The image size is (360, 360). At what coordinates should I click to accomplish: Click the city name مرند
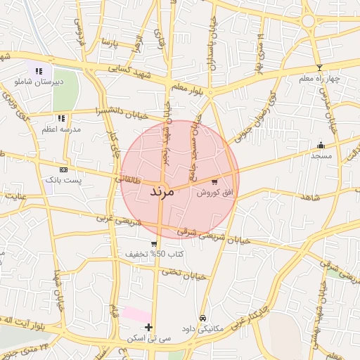pyautogui.click(x=167, y=191)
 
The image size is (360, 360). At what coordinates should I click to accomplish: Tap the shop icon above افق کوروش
pyautogui.click(x=214, y=181)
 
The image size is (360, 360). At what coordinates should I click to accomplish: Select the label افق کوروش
pyautogui.click(x=213, y=192)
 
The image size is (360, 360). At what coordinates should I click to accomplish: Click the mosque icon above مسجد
pyautogui.click(x=321, y=145)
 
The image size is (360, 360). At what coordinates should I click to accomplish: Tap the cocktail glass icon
pyautogui.click(x=320, y=67)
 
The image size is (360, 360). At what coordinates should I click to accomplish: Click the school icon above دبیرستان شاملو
pyautogui.click(x=39, y=71)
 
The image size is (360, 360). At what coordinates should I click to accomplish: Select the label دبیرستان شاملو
pyautogui.click(x=39, y=82)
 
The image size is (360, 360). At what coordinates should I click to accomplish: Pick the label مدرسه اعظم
pyautogui.click(x=62, y=129)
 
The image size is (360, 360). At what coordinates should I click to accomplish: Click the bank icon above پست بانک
pyautogui.click(x=63, y=169)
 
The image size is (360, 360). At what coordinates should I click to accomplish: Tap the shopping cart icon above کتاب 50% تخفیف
pyautogui.click(x=153, y=243)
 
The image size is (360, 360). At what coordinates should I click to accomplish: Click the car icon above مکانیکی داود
pyautogui.click(x=203, y=318)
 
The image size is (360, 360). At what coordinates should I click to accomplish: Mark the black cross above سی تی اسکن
pyautogui.click(x=148, y=328)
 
